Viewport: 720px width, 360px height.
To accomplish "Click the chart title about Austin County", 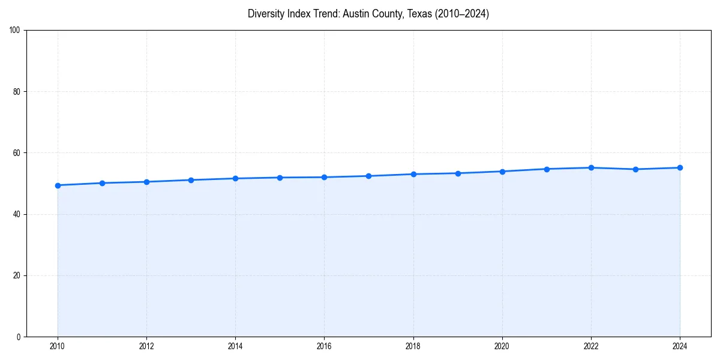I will [x=368, y=14].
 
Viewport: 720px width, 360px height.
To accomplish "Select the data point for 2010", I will [x=58, y=185].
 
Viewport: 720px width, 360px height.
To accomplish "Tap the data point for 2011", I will [x=102, y=183].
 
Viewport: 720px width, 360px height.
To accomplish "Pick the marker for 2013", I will [x=191, y=180].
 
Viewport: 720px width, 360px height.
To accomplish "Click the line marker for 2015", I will [x=280, y=178].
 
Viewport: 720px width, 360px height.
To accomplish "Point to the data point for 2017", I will [x=368, y=176].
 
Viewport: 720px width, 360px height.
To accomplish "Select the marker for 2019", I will [x=458, y=173].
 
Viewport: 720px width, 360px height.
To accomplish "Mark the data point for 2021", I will [x=547, y=169].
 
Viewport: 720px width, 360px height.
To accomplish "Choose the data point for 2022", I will [x=591, y=167].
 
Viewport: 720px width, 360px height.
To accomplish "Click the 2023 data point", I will [x=635, y=169].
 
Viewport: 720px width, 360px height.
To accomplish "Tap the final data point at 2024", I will [x=680, y=167].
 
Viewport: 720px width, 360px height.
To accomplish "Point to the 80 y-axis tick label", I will [x=17, y=92].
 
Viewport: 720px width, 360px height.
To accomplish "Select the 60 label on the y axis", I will [x=17, y=153].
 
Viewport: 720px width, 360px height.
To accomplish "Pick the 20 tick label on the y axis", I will [x=17, y=275].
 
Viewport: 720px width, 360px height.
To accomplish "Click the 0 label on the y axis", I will [x=19, y=337].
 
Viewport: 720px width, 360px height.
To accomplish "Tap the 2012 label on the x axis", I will [x=146, y=346].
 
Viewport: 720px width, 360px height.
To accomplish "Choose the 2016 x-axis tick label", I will [x=324, y=346].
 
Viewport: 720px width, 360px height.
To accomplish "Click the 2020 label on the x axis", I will [x=502, y=346].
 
